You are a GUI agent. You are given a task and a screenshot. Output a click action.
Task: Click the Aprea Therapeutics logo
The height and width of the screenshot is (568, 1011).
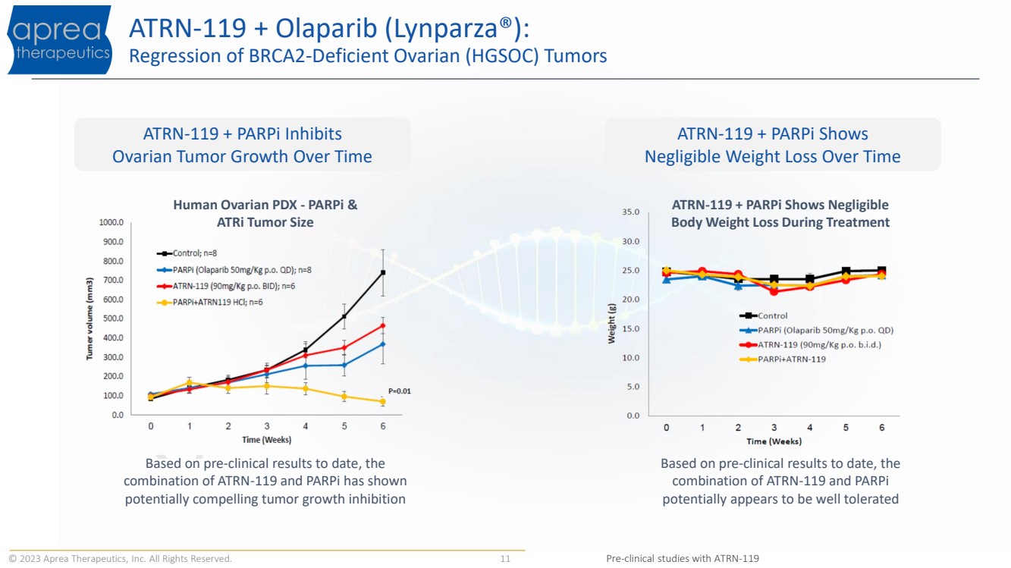[60, 39]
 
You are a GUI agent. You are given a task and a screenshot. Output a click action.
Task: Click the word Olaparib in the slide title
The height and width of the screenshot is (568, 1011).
[326, 28]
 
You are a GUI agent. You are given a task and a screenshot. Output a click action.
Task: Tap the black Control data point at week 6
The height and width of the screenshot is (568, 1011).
[383, 272]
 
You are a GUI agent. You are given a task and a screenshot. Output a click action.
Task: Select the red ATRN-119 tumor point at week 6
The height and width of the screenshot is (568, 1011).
[383, 325]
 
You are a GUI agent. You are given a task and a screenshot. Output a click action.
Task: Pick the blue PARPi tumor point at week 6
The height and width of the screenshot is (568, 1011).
[383, 344]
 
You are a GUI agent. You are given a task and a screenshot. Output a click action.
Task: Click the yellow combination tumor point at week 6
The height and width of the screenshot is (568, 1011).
[383, 401]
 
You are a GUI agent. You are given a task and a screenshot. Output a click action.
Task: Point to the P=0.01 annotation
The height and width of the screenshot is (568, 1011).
[400, 391]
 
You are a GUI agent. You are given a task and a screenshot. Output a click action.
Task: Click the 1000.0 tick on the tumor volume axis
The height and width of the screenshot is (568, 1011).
[111, 222]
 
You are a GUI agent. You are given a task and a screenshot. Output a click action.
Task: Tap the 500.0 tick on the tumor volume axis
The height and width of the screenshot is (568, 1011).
[113, 319]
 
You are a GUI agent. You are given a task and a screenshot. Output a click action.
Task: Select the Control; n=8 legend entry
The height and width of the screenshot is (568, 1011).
[187, 253]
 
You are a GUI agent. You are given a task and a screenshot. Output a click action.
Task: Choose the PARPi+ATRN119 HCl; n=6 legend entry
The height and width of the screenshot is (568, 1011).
[209, 303]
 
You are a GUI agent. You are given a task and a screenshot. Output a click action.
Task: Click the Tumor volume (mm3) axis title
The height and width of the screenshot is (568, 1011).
[89, 319]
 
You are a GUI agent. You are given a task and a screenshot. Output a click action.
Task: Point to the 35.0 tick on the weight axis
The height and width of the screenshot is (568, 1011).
[631, 212]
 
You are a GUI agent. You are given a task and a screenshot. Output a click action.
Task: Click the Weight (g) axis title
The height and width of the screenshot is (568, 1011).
[611, 324]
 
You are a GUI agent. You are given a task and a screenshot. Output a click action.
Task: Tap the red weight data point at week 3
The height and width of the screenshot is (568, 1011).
[774, 291]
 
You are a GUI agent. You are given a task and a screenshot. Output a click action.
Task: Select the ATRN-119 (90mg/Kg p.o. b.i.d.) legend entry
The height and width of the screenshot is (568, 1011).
[811, 345]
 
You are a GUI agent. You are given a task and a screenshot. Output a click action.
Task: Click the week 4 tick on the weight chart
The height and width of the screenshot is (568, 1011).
[810, 428]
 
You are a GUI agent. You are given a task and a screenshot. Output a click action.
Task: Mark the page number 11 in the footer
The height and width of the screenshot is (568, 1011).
[505, 559]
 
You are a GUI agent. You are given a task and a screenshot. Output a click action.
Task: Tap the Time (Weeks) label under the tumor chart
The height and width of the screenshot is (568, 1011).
[267, 440]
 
